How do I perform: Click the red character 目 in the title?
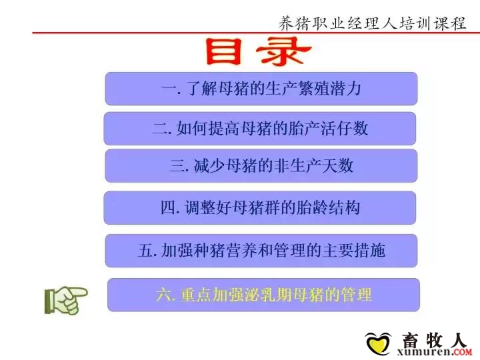pyautogui.click(x=223, y=51)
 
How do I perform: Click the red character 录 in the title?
pyautogui.click(x=283, y=51)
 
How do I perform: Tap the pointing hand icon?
pyautogui.click(x=66, y=300)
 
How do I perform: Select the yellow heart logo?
pyautogui.click(x=378, y=344)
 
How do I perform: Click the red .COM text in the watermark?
pyautogui.click(x=461, y=353)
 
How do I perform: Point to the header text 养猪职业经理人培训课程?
pyautogui.click(x=372, y=23)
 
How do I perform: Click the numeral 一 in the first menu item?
pyautogui.click(x=169, y=89)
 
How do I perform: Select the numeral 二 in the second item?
pyautogui.click(x=161, y=129)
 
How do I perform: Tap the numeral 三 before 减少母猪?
pyautogui.click(x=177, y=165)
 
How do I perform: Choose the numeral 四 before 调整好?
pyautogui.click(x=169, y=208)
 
